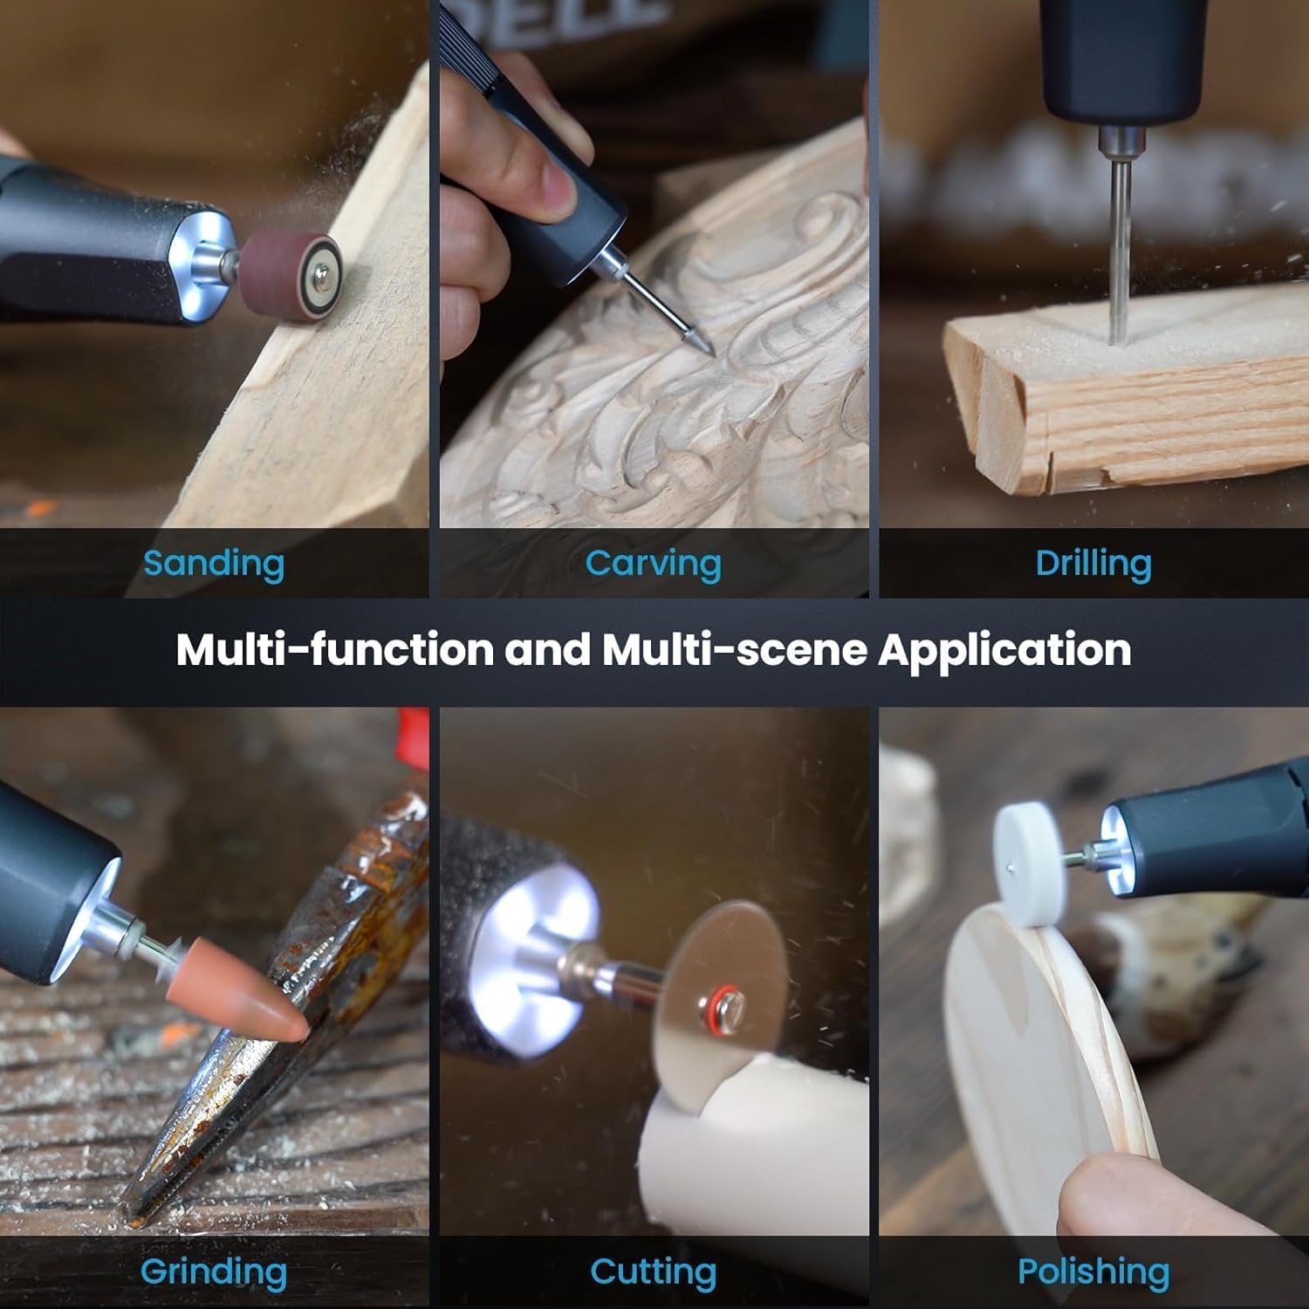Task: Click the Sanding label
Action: tap(214, 564)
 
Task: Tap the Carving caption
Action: tap(653, 564)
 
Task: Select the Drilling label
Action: tap(1093, 564)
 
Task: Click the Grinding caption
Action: tap(214, 1272)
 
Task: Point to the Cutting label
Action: tap(653, 1272)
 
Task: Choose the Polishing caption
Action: tap(1093, 1272)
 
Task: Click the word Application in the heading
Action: tap(1004, 650)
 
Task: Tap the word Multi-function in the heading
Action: tap(334, 650)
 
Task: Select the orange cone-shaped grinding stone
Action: tap(253, 999)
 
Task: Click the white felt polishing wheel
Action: tap(1030, 864)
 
